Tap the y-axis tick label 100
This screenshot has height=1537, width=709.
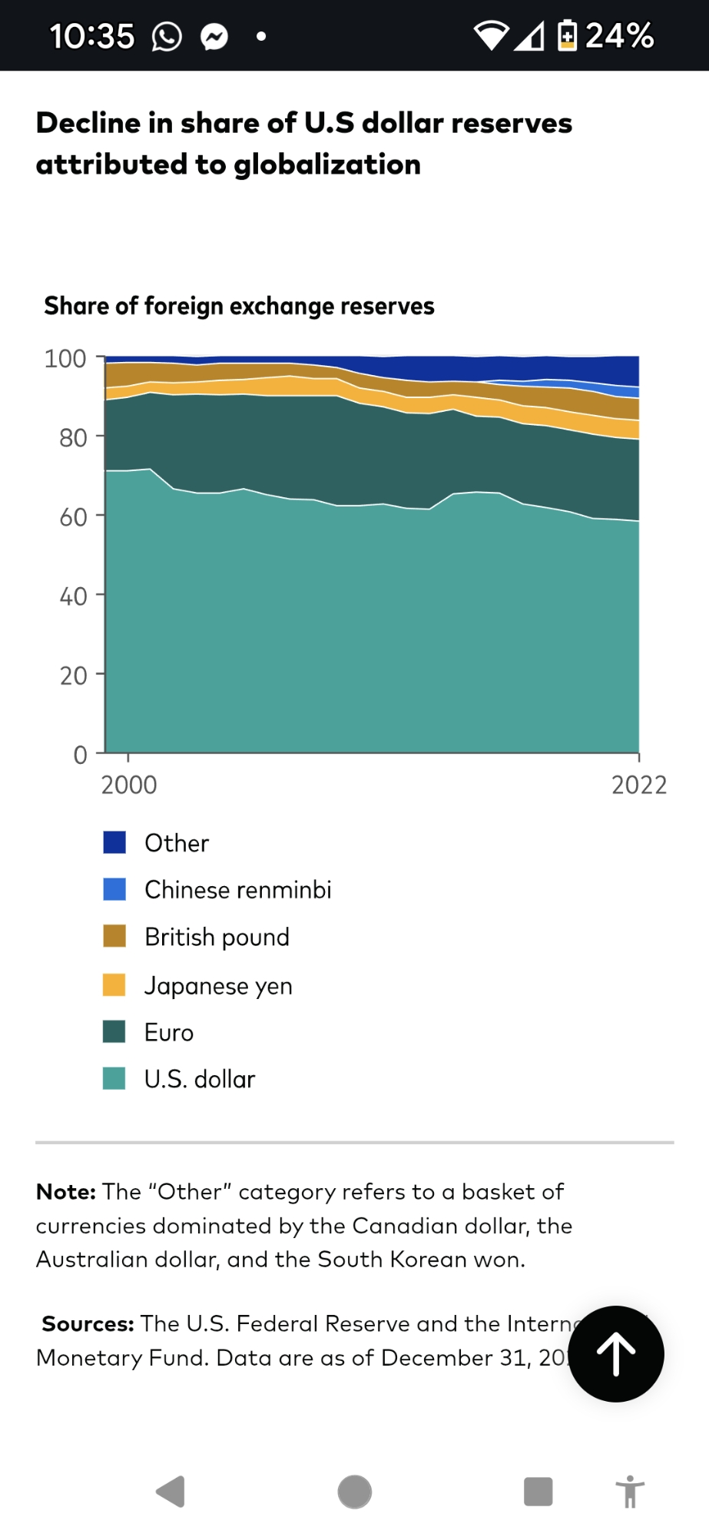pyautogui.click(x=65, y=359)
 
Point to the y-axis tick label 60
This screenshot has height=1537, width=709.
pyautogui.click(x=73, y=517)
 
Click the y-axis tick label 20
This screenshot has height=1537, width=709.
pyautogui.click(x=73, y=676)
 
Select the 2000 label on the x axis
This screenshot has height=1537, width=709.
pyautogui.click(x=129, y=785)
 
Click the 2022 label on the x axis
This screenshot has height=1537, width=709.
pyautogui.click(x=638, y=785)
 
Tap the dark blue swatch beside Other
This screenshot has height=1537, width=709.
pyautogui.click(x=114, y=842)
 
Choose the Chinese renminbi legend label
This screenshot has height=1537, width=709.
pyautogui.click(x=238, y=890)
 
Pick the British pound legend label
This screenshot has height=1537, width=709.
pyautogui.click(x=217, y=937)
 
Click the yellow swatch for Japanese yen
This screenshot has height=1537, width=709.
pyautogui.click(x=114, y=984)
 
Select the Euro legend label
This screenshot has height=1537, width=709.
pyautogui.click(x=169, y=1032)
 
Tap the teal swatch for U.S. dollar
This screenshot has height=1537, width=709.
pyautogui.click(x=114, y=1079)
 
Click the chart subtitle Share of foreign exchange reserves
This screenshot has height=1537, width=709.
pyautogui.click(x=239, y=306)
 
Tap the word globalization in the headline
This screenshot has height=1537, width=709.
pyautogui.click(x=327, y=164)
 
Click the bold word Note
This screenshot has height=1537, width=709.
pyautogui.click(x=65, y=1192)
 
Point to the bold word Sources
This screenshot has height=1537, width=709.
pyautogui.click(x=88, y=1323)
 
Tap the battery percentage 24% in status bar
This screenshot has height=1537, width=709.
pyautogui.click(x=619, y=35)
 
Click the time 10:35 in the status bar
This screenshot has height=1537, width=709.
pyautogui.click(x=92, y=36)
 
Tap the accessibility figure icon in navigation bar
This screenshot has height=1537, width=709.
pyautogui.click(x=630, y=1492)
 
